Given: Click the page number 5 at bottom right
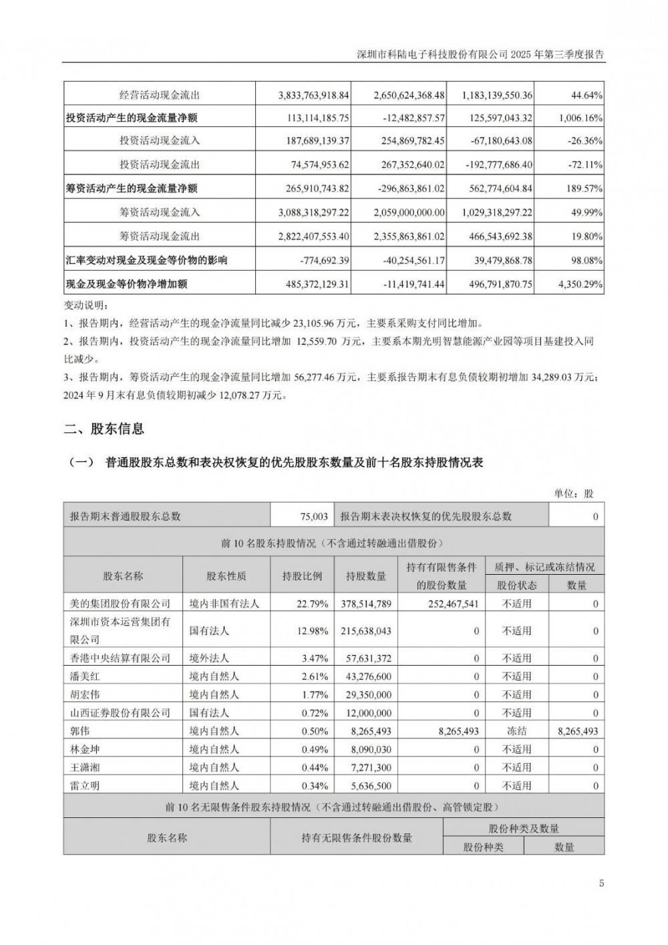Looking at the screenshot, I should (x=601, y=884).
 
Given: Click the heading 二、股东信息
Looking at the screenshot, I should (x=104, y=429).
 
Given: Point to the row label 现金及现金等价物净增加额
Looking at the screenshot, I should (x=126, y=284).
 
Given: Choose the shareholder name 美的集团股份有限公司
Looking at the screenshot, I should (x=120, y=603).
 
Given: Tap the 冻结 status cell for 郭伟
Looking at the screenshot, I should (x=516, y=731).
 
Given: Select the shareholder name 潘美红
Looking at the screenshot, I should (x=86, y=676).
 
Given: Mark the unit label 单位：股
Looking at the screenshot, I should (x=573, y=493).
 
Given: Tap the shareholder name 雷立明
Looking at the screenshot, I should (x=86, y=786).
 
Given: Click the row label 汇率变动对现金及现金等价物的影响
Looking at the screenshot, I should (x=146, y=260).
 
